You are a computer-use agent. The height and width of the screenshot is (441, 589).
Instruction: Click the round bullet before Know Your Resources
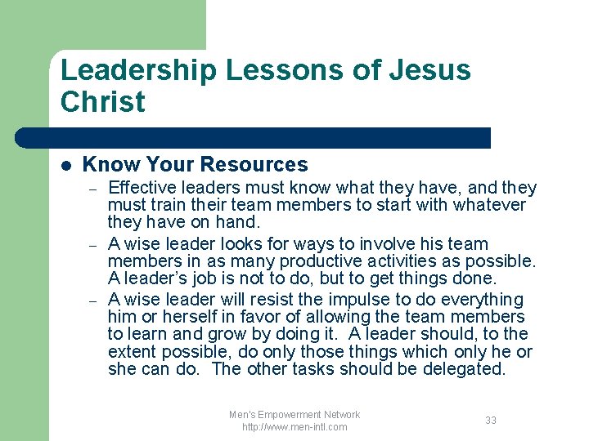click(66, 166)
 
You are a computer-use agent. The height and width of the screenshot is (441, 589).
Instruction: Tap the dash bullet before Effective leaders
click(94, 189)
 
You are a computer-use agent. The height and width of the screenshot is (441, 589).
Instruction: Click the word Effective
click(142, 188)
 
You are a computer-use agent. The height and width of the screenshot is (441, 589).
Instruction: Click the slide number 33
click(491, 420)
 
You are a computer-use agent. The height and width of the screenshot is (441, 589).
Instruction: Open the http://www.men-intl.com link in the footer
click(294, 427)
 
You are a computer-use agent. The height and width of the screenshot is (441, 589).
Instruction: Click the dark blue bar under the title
click(270, 138)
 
